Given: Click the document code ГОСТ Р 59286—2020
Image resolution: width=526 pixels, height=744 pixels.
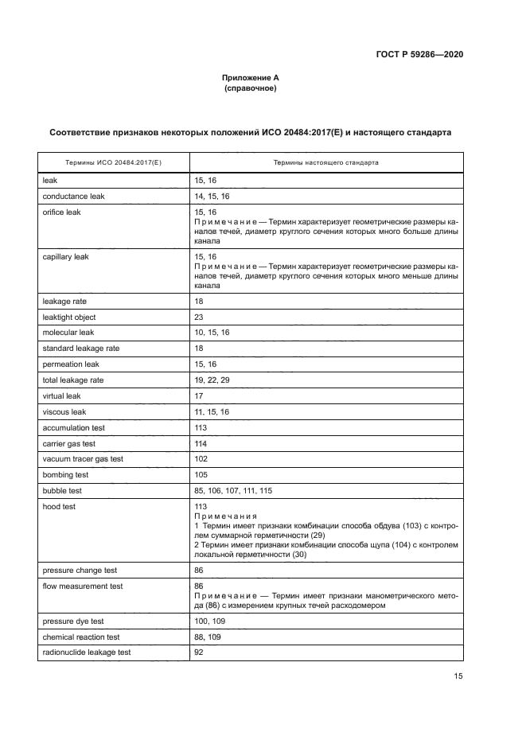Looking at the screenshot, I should [x=419, y=55].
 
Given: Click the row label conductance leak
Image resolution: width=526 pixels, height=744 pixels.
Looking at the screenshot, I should [x=73, y=196].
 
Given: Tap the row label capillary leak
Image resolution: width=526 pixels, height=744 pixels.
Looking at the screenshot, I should [x=65, y=257].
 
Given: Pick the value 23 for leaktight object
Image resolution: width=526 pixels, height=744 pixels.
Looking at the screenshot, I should [x=199, y=317].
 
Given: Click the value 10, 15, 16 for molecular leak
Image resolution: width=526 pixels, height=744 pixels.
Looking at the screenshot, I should [x=211, y=333].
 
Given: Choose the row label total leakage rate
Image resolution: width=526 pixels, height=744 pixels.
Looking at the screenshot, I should [x=73, y=380].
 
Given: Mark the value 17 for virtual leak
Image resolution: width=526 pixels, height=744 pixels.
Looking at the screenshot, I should [x=199, y=396].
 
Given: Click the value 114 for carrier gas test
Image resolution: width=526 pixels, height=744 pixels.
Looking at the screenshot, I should [x=201, y=444].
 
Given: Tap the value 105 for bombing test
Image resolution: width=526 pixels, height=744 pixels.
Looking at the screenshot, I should [x=201, y=476].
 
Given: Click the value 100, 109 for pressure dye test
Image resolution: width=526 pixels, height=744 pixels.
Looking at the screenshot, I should [x=208, y=621].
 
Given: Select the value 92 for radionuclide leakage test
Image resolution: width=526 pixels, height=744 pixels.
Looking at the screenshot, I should [x=199, y=652].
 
